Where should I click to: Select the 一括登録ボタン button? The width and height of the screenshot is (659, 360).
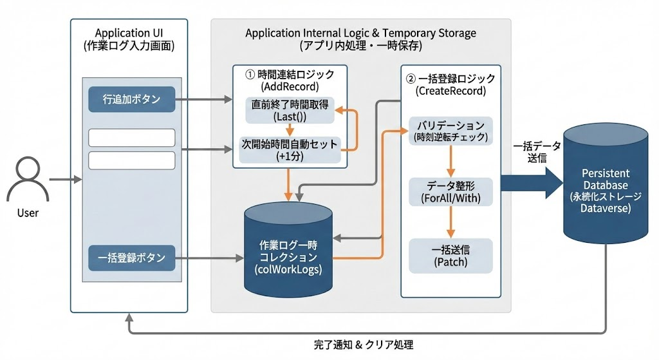[131, 258]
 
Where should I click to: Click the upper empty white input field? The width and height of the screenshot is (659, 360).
[131, 138]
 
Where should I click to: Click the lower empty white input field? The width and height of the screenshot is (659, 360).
[131, 160]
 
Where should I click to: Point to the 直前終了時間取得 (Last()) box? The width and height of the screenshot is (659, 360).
[290, 110]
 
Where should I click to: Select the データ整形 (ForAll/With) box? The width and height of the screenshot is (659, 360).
[450, 191]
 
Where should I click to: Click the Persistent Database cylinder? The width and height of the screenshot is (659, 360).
[605, 191]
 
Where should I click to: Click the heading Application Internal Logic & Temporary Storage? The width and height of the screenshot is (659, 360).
[361, 32]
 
